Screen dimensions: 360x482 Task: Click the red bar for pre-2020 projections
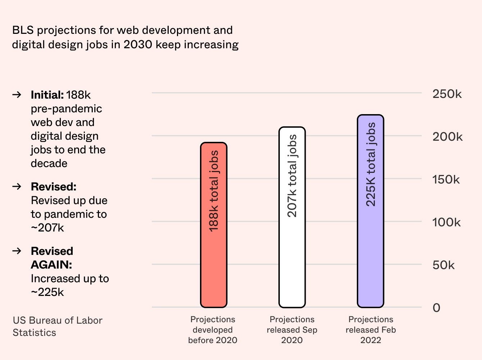coord(214,225)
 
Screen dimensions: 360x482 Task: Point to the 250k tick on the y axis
coord(447,94)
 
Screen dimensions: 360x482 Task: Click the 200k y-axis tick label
coord(447,137)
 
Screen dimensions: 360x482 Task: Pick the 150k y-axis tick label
coord(446,180)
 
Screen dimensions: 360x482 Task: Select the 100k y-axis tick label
coord(446,222)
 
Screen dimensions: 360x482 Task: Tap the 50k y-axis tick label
coord(444,265)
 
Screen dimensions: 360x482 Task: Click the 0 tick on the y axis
coord(436,308)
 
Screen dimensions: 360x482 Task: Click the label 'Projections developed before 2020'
coord(213,330)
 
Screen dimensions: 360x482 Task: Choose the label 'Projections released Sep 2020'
coord(292,330)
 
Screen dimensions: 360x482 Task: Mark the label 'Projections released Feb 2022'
coord(370,330)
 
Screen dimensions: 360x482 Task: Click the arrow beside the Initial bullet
coord(17,95)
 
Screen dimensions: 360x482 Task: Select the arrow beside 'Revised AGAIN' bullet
coord(17,251)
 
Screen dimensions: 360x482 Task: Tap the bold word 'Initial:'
coord(47,95)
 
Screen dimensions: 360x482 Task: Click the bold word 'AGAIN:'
coord(51,265)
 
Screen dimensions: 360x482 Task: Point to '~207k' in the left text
coord(47,228)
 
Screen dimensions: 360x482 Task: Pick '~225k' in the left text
coord(47,292)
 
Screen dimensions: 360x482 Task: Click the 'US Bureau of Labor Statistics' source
coord(58,327)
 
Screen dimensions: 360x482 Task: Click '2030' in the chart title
coord(138,45)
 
